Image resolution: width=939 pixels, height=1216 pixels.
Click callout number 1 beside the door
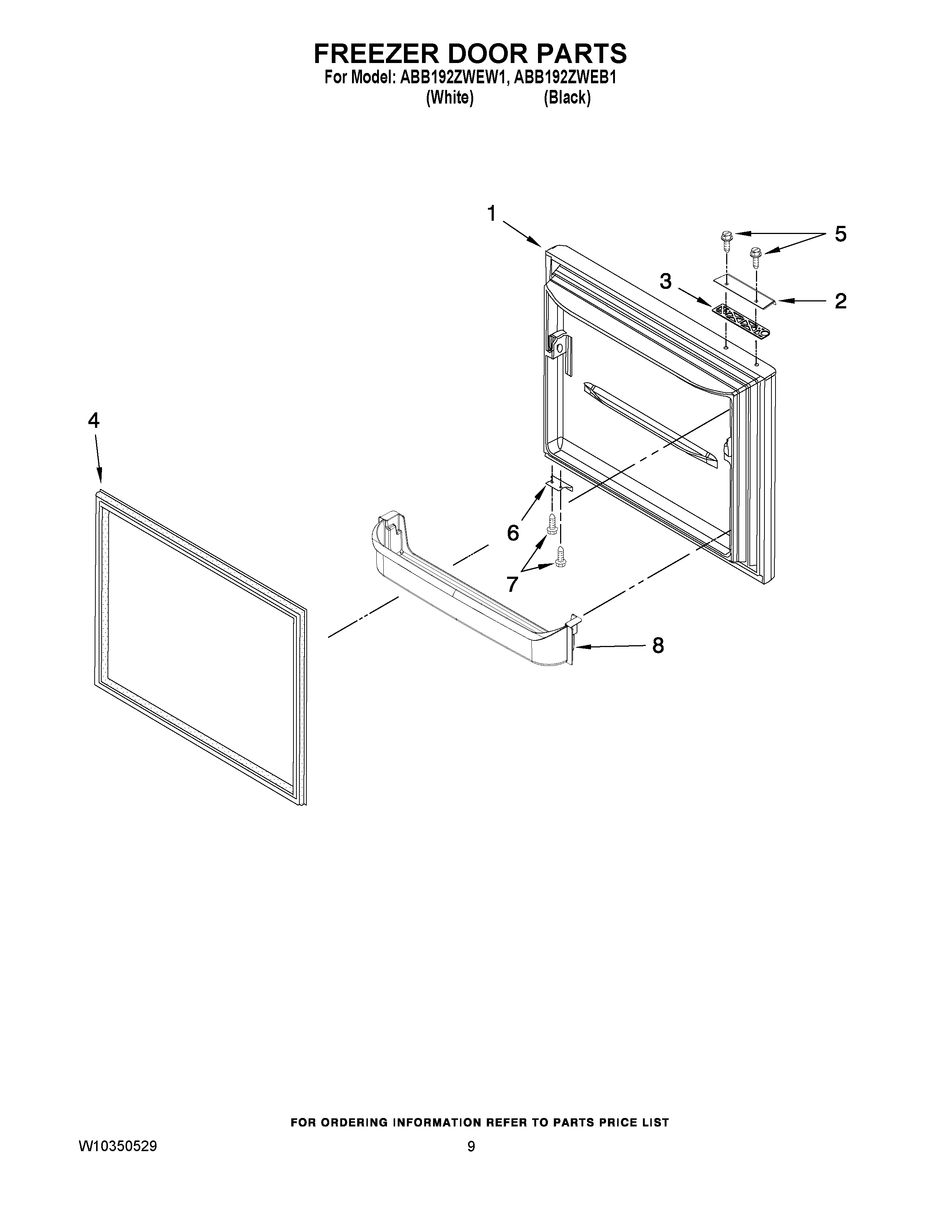(x=492, y=213)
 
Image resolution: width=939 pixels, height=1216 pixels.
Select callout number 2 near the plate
(x=840, y=301)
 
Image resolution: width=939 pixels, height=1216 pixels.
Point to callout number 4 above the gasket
(x=94, y=420)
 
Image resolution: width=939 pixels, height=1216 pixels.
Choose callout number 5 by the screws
(x=840, y=234)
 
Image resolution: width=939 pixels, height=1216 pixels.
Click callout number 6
(x=513, y=533)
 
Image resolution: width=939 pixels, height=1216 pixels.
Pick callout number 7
(x=512, y=584)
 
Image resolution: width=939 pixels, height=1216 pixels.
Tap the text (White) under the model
(x=450, y=98)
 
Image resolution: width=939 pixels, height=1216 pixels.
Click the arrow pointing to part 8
(x=609, y=646)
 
